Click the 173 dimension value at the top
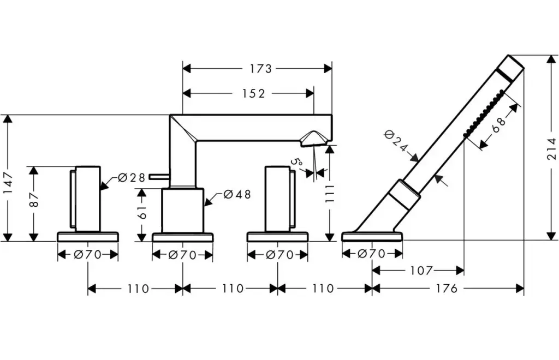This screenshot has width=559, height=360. click(260, 68)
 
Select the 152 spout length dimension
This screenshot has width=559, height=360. click(253, 93)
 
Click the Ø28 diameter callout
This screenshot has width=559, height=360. click(132, 177)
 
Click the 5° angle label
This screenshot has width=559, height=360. click(296, 162)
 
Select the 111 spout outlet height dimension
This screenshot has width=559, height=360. click(329, 193)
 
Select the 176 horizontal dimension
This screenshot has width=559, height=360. click(447, 289)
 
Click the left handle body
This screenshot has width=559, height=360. click(87, 199)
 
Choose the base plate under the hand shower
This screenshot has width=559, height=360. click(372, 237)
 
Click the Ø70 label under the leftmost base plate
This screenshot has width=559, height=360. click(88, 254)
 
